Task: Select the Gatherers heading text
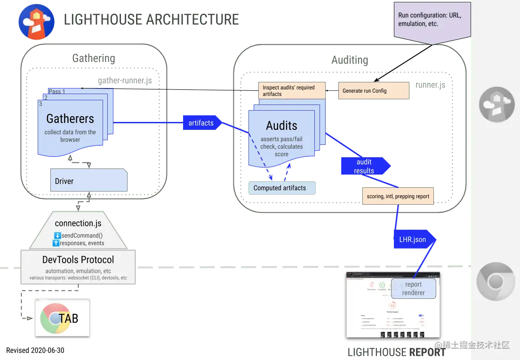point(70,119)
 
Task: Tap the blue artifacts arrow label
point(201,123)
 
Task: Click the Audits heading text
point(281,126)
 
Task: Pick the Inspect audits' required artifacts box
point(292,91)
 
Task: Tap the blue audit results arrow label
point(365,166)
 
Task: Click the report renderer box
point(413,288)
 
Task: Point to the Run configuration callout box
point(432,19)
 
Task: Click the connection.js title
point(79,223)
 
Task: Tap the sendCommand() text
point(82,235)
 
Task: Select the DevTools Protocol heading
point(78,260)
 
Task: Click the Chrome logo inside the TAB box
point(53,319)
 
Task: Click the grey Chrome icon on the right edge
point(496,282)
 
